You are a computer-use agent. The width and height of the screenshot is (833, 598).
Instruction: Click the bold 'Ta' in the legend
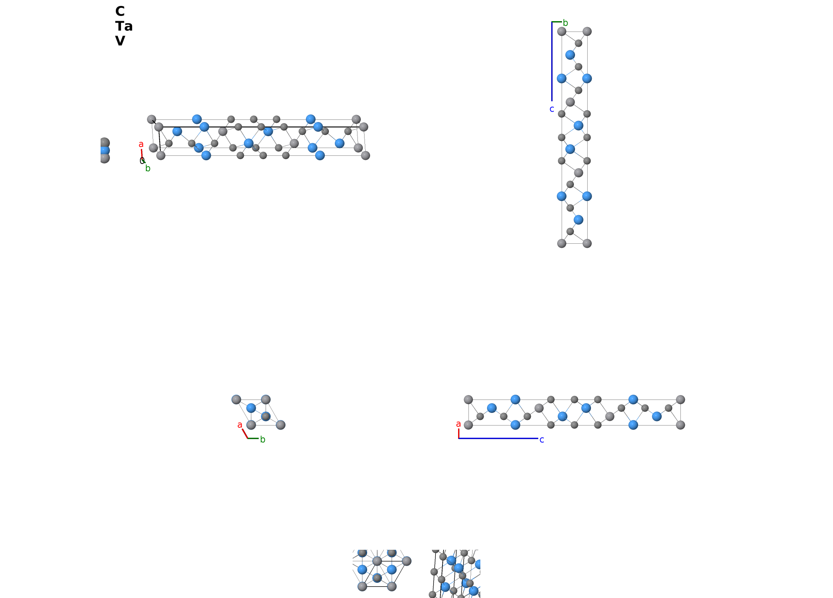[x=124, y=26]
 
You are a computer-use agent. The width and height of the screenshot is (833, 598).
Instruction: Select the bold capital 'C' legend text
[x=120, y=11]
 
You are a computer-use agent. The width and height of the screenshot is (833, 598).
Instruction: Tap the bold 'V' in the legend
[x=120, y=41]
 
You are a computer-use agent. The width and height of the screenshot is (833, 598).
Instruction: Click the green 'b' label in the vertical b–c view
[x=565, y=23]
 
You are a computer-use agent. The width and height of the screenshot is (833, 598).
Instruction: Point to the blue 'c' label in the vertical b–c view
[x=552, y=109]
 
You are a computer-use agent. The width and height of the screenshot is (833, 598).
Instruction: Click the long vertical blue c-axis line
[x=552, y=62]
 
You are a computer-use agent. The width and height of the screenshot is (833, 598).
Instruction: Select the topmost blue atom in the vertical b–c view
[x=570, y=55]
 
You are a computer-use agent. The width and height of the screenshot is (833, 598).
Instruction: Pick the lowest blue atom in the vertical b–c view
[x=578, y=220]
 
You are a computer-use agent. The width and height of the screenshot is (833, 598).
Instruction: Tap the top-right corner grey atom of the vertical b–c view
[x=587, y=32]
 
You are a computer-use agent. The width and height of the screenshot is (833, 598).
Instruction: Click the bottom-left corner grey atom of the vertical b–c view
[x=562, y=243]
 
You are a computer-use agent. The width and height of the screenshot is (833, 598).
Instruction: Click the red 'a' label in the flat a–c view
[x=458, y=424]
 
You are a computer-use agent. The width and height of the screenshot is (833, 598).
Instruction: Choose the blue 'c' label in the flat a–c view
[x=542, y=440]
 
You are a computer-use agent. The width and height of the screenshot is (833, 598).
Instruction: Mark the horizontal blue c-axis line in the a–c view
[x=498, y=438]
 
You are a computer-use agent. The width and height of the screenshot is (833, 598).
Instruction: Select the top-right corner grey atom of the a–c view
[x=680, y=400]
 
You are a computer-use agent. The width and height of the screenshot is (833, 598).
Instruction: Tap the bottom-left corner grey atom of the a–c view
[x=468, y=425]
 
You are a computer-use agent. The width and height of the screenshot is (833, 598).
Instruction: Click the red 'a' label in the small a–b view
[x=240, y=425]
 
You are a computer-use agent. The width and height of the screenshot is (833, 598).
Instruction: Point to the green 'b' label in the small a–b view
[x=263, y=440]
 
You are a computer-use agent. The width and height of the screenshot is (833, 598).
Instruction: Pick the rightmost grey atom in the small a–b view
[x=281, y=425]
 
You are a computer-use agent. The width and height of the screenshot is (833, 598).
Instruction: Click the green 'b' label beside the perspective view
[x=148, y=168]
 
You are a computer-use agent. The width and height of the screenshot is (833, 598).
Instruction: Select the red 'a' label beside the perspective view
[x=141, y=144]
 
